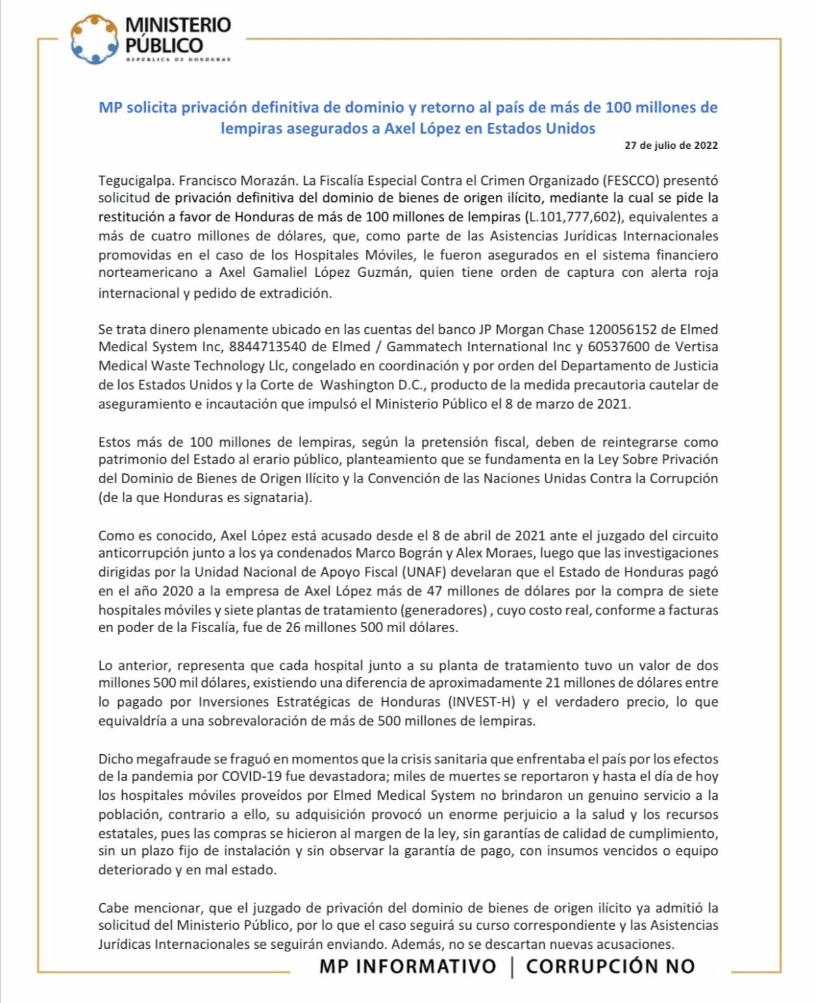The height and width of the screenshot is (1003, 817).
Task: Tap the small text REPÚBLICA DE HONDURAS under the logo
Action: tap(178, 59)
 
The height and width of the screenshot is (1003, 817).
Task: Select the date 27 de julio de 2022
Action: tap(671, 145)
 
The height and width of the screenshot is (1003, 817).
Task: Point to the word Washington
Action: tap(358, 385)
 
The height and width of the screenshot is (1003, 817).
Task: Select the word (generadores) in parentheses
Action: tap(443, 610)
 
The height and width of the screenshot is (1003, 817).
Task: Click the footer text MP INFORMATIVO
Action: tap(408, 966)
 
